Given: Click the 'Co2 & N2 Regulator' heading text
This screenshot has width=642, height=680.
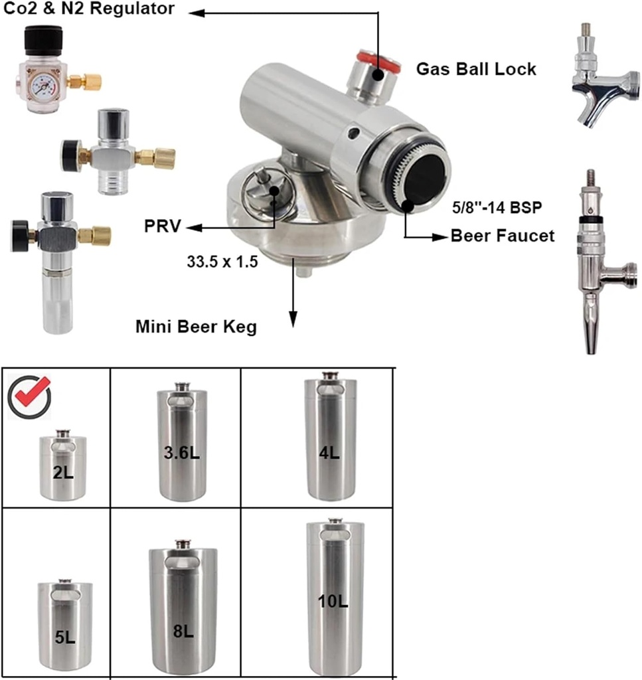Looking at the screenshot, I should point(90,9).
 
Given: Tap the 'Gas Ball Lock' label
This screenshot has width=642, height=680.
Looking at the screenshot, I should point(475,69).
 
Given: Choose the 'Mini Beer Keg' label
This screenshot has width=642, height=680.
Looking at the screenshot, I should point(196,327).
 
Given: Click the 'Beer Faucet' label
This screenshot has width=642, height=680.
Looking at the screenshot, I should point(502,236).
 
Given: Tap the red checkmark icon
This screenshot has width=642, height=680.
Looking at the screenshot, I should point(29,396).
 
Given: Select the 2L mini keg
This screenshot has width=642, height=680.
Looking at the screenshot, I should point(62,466).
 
